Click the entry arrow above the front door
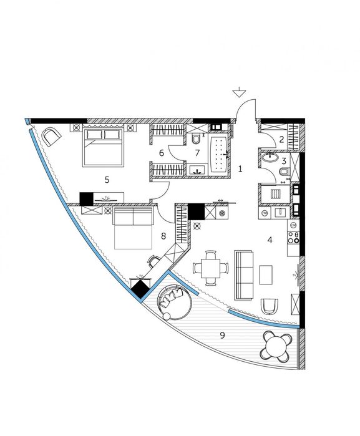[x=238, y=94]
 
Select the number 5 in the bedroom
[x=107, y=180]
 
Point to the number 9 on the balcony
[x=222, y=336]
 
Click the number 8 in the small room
[x=163, y=236]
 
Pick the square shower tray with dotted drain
[x=273, y=195]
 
